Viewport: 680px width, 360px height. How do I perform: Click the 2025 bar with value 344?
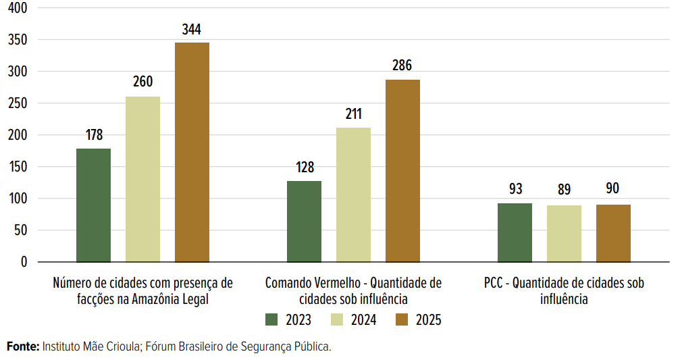pos(192,152)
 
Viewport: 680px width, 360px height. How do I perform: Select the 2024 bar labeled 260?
pos(142,179)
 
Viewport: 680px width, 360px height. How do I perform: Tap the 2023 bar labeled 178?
pos(93,205)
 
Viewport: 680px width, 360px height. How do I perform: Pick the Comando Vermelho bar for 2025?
pos(402,170)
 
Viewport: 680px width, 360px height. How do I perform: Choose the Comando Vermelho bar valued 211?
pos(353,195)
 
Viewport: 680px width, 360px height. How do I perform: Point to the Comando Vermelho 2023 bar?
pos(304,221)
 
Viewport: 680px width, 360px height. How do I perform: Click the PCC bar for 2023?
pos(515,232)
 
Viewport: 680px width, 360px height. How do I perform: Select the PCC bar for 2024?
pos(564,234)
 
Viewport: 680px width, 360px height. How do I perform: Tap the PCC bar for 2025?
pos(613,233)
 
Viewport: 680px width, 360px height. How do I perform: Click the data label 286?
pos(402,66)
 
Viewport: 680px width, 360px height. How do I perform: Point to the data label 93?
pos(515,188)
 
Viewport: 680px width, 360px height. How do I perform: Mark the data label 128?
pos(305,168)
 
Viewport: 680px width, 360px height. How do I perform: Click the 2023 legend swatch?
pos(271,319)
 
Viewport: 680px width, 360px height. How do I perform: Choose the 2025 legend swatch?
pos(401,319)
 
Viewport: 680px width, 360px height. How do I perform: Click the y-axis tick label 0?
pos(24,262)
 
